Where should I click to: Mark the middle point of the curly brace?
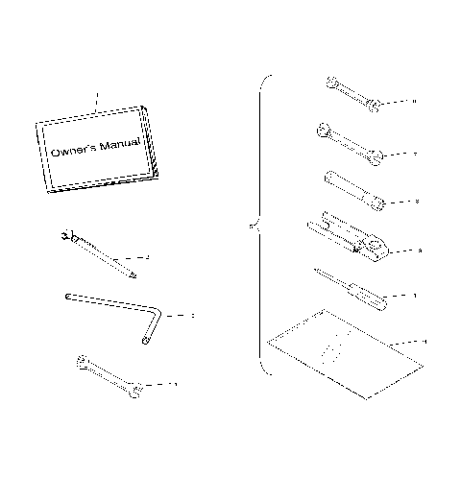point(252,227)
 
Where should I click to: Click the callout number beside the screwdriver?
point(414,296)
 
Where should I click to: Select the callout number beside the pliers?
point(420,250)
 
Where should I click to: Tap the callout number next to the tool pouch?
point(424,341)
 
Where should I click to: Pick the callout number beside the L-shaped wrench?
point(193,314)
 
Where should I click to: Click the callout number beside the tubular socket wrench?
point(416,202)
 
